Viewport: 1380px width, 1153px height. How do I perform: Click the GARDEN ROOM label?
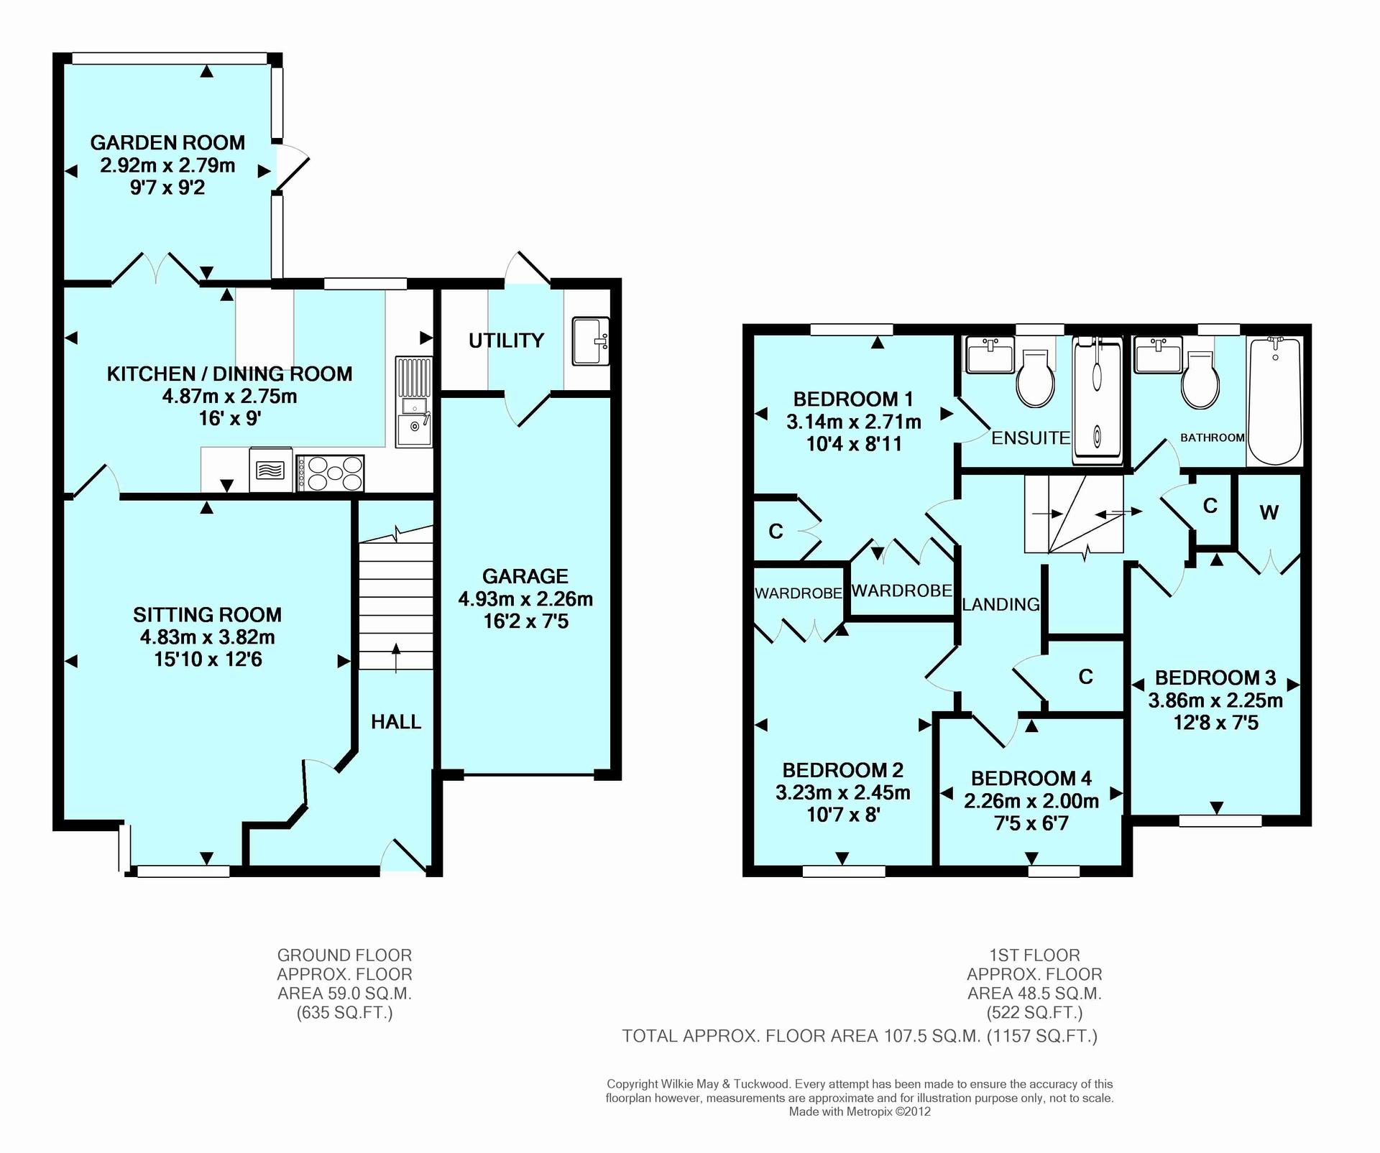[167, 142]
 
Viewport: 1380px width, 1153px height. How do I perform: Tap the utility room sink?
[591, 341]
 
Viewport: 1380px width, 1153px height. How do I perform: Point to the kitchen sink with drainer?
[413, 402]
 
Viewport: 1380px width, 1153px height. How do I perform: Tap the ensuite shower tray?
[1097, 401]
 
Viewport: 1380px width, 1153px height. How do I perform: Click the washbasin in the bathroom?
[1157, 356]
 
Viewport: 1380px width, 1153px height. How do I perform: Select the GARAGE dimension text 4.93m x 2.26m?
[525, 598]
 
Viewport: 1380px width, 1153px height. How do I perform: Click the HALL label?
[396, 722]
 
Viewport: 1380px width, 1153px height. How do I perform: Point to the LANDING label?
[1000, 604]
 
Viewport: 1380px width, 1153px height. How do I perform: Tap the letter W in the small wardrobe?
[1269, 512]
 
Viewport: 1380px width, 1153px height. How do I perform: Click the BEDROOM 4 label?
[1031, 778]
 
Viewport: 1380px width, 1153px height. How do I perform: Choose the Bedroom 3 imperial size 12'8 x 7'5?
[1215, 723]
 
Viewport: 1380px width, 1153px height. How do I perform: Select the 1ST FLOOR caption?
[1035, 955]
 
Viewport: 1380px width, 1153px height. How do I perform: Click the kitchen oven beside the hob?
[271, 470]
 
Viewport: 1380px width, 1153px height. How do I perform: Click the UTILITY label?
[506, 341]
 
